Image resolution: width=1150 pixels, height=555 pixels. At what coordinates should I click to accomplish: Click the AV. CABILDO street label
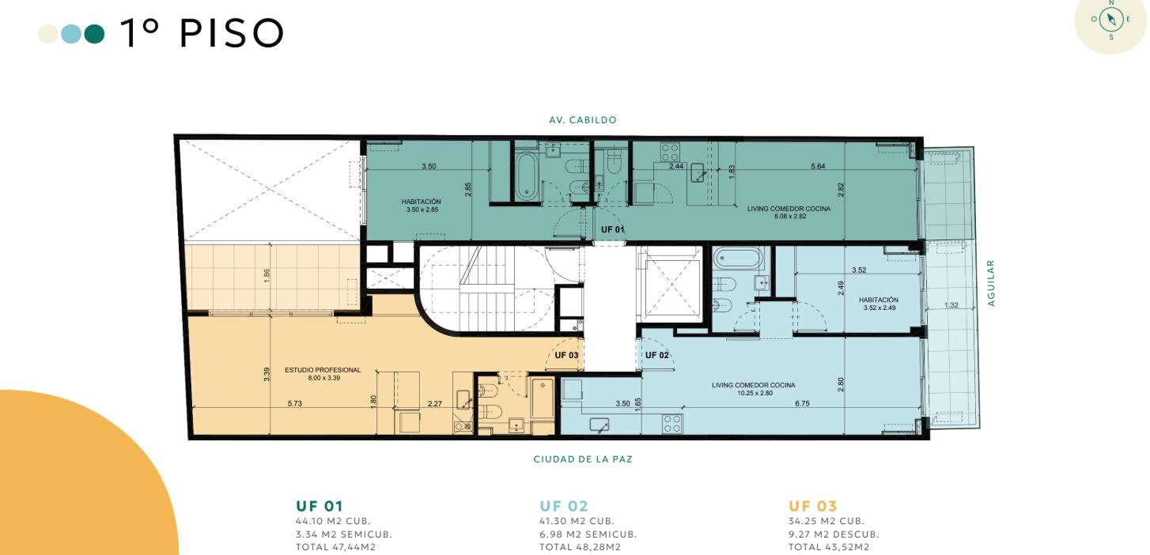pyautogui.click(x=583, y=120)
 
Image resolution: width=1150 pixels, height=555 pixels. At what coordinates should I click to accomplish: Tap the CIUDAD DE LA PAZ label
pyautogui.click(x=583, y=459)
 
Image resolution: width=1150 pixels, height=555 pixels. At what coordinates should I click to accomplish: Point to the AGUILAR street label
pyautogui.click(x=991, y=283)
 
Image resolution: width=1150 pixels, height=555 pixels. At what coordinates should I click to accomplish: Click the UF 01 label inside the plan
pyautogui.click(x=612, y=229)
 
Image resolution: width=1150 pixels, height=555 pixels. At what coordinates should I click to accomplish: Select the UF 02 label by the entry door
pyautogui.click(x=656, y=355)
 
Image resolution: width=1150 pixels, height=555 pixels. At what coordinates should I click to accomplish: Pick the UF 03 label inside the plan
pyautogui.click(x=566, y=355)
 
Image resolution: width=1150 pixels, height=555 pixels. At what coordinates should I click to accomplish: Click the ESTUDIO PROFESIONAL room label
pyautogui.click(x=323, y=370)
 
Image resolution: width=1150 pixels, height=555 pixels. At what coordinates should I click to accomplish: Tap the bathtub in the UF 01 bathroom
pyautogui.click(x=526, y=176)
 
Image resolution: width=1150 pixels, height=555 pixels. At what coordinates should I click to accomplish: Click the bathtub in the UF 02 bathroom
pyautogui.click(x=738, y=259)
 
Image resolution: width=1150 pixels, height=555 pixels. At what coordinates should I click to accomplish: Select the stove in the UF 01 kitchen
pyautogui.click(x=670, y=153)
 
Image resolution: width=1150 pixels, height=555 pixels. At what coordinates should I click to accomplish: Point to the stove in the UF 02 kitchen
pyautogui.click(x=672, y=424)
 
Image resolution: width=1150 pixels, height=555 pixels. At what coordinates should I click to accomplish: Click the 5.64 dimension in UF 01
pyautogui.click(x=818, y=166)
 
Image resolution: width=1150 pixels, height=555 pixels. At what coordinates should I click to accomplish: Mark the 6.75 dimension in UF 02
pyautogui.click(x=802, y=403)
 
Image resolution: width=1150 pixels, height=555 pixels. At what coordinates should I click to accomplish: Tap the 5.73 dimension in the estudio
pyautogui.click(x=295, y=403)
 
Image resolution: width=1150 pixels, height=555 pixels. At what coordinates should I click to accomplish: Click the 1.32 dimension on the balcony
pyautogui.click(x=951, y=305)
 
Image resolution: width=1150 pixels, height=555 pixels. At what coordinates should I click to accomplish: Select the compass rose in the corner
pyautogui.click(x=1111, y=20)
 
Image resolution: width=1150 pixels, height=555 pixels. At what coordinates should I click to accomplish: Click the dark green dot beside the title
pyautogui.click(x=94, y=34)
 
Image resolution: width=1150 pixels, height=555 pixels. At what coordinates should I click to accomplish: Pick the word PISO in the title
pyautogui.click(x=232, y=33)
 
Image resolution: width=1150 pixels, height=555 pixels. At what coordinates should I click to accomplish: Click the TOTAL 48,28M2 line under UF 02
pyautogui.click(x=580, y=547)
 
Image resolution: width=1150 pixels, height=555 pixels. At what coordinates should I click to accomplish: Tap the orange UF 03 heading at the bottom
pyautogui.click(x=813, y=506)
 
